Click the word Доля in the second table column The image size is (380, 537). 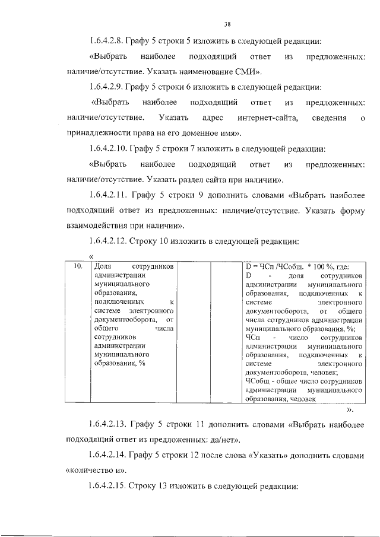click(x=104, y=266)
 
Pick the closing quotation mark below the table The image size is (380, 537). click(x=350, y=409)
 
